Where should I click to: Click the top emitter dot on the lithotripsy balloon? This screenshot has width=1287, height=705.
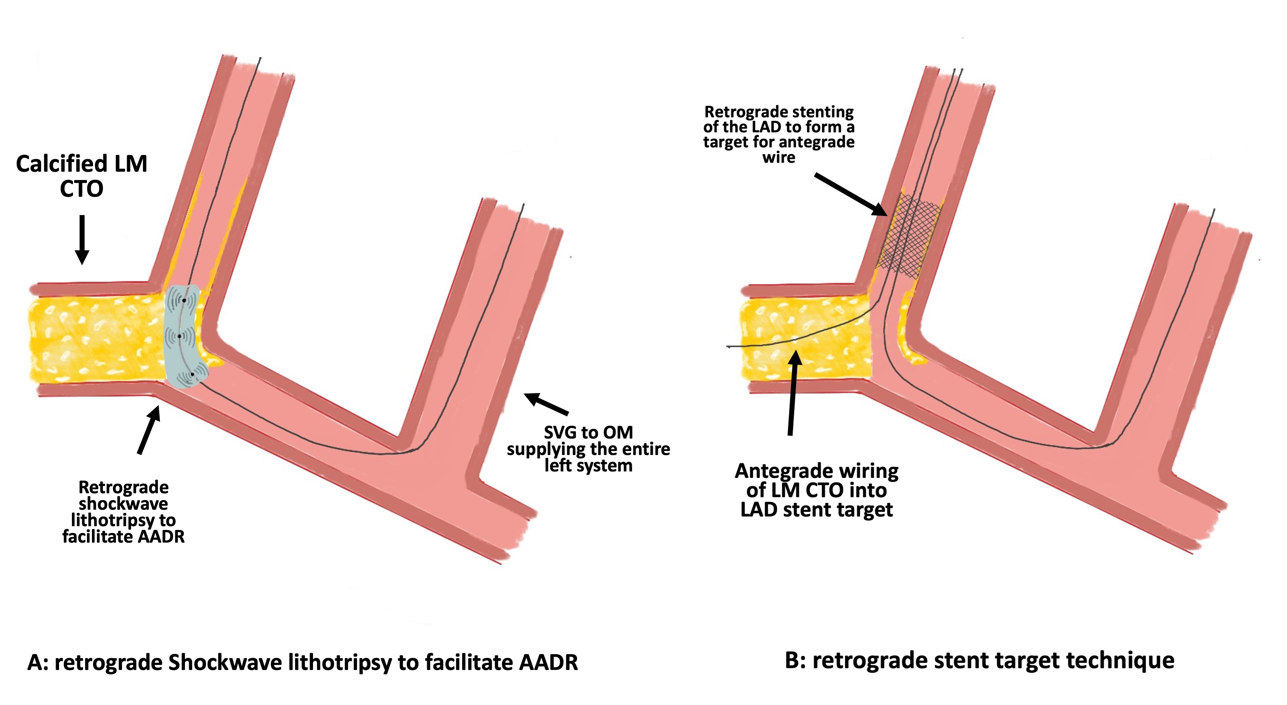point(184,300)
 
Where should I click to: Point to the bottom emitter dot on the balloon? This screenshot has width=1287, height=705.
point(192,374)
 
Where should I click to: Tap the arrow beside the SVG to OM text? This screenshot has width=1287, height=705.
point(546,404)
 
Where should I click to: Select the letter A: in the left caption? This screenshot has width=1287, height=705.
point(38,662)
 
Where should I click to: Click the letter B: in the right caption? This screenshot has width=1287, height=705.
point(796,661)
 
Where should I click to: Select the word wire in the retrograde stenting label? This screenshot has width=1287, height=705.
point(778,157)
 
